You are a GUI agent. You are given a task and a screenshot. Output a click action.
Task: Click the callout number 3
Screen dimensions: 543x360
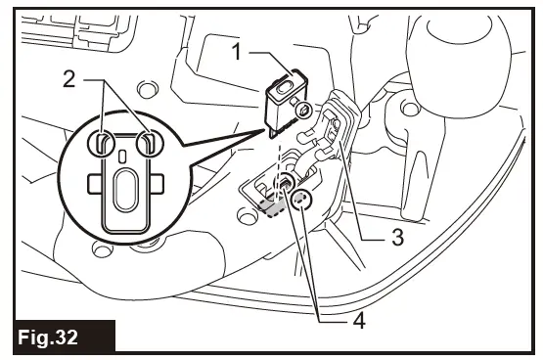tap(397, 236)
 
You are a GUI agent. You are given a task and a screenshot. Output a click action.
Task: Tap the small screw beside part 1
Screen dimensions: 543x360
tap(304, 111)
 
